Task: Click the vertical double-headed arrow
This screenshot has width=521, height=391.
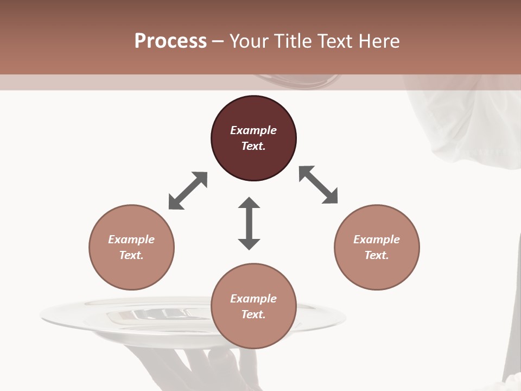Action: click(x=249, y=223)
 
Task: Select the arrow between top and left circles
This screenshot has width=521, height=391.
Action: click(x=188, y=191)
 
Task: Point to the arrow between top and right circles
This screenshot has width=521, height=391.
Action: click(x=319, y=185)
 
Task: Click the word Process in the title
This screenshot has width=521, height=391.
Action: click(x=170, y=41)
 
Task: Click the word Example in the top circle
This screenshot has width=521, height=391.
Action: click(x=253, y=130)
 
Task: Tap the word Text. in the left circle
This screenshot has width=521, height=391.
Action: click(x=131, y=255)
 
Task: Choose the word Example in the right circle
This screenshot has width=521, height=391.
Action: click(x=377, y=239)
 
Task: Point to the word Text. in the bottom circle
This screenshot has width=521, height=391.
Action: click(x=253, y=314)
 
